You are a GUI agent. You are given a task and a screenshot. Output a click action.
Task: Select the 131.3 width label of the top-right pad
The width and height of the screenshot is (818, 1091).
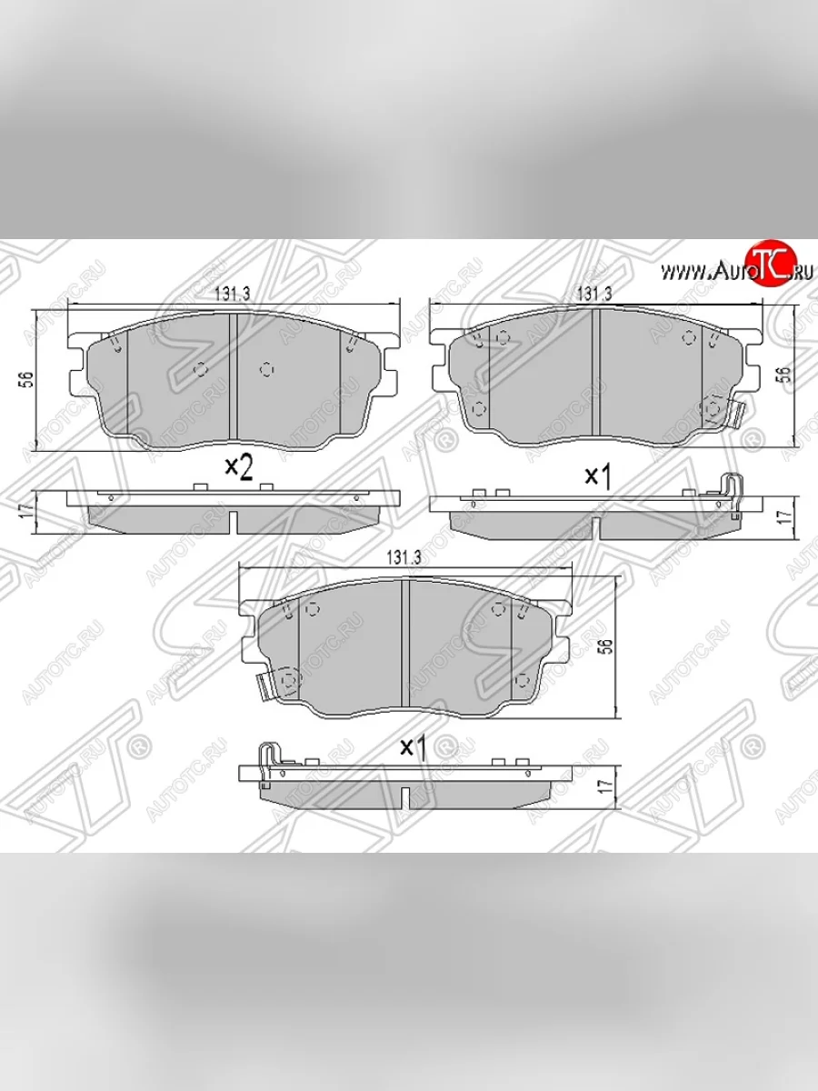[x=594, y=294]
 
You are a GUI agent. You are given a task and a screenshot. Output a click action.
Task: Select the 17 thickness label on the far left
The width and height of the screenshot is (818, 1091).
[x=27, y=509]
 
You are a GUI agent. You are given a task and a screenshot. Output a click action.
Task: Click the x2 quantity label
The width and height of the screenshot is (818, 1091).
[x=237, y=467]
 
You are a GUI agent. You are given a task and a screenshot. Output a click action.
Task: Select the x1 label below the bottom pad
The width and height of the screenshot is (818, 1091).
[x=414, y=746]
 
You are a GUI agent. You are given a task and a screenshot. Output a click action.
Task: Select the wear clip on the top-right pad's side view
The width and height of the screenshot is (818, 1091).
[x=734, y=495]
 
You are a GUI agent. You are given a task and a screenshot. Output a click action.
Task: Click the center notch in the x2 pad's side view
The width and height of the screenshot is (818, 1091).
[x=234, y=521]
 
